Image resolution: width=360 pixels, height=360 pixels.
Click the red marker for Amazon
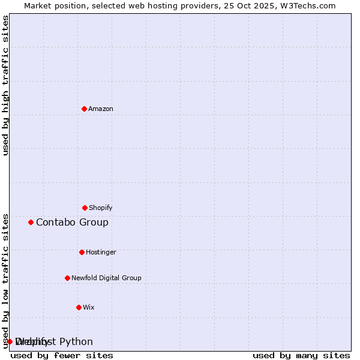(84, 109)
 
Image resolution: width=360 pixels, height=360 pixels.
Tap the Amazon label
(101, 109)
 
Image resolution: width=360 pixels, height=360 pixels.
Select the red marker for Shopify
(85, 208)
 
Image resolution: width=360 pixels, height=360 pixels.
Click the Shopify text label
(101, 208)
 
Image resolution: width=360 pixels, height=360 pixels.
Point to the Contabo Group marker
(31, 222)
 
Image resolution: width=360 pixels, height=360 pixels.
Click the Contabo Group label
(72, 223)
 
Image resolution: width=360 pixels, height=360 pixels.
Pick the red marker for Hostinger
(82, 252)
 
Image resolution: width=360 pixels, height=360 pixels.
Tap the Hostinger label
(101, 253)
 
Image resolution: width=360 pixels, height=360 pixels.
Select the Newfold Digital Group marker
(67, 278)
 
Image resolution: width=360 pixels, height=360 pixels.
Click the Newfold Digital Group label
(106, 278)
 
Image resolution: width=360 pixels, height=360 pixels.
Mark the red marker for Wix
(79, 307)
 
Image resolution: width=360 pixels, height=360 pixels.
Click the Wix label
(89, 308)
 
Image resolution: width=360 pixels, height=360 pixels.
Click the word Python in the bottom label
(76, 342)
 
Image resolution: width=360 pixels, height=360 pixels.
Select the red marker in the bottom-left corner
(10, 341)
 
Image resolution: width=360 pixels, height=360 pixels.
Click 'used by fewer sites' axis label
(62, 355)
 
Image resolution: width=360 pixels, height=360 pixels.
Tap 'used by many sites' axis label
(301, 355)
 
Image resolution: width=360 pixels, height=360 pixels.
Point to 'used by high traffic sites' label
(5, 85)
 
